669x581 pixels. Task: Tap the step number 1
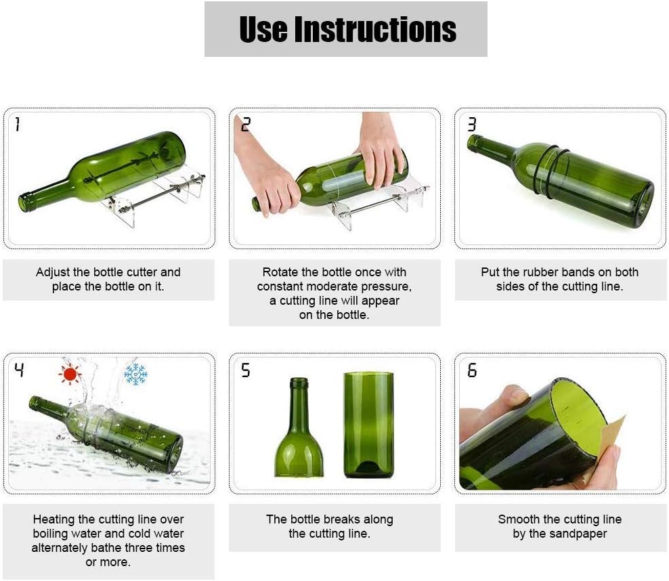pos(17,124)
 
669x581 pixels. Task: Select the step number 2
pos(245,124)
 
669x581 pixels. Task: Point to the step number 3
pos(471,124)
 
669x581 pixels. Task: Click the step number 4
pos(19,370)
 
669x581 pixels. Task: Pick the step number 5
pos(245,370)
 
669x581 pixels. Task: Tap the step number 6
pos(471,370)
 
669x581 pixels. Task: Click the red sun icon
pos(70,374)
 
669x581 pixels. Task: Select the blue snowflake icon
pos(135,374)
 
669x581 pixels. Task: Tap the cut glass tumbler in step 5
pos(368,425)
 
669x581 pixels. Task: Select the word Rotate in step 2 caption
pos(280,272)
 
